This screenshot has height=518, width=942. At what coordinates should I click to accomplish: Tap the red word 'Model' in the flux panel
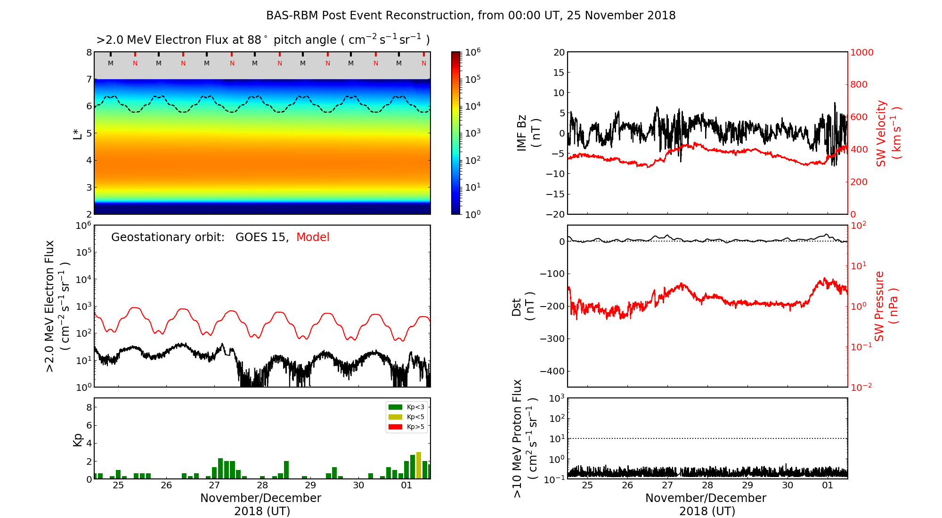tap(313, 237)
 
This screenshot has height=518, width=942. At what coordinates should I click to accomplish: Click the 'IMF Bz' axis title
tap(528, 133)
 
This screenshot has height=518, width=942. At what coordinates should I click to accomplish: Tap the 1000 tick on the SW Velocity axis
tap(861, 53)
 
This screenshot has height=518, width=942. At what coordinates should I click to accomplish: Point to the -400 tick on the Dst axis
tap(552, 371)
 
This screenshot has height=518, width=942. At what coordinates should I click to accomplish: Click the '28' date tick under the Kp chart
tap(262, 486)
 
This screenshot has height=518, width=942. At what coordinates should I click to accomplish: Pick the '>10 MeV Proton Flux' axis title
tap(524, 438)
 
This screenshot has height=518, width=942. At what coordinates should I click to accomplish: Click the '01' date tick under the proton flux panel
tap(828, 486)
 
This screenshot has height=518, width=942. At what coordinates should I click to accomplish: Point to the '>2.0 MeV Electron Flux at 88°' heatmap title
tap(263, 40)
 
